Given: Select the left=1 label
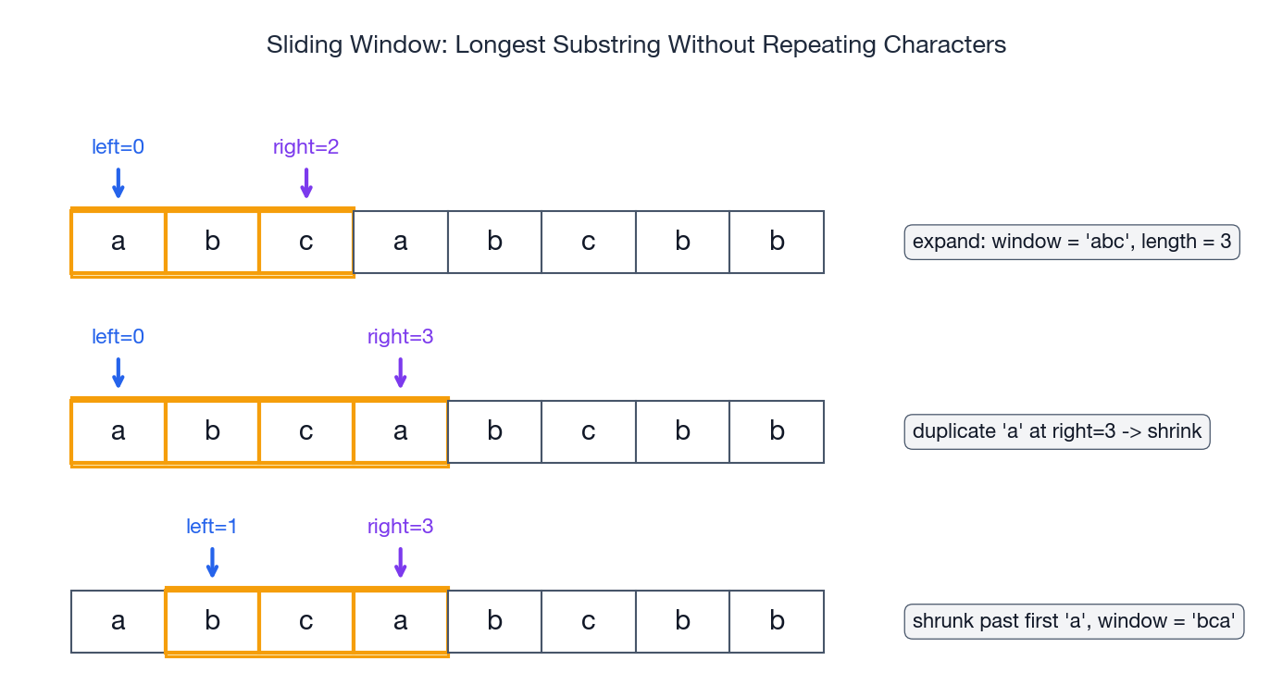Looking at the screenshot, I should pyautogui.click(x=212, y=527).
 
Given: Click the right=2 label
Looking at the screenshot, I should pyautogui.click(x=306, y=147).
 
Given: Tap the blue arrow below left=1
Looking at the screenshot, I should pyautogui.click(x=212, y=562).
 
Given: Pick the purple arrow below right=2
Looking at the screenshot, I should pyautogui.click(x=306, y=182).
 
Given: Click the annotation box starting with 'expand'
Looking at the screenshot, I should pyautogui.click(x=1072, y=243).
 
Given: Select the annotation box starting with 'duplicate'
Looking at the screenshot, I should pyautogui.click(x=1057, y=432).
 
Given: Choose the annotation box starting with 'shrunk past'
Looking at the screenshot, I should pyautogui.click(x=1074, y=621).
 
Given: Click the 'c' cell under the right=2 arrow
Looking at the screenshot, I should pyautogui.click(x=306, y=243).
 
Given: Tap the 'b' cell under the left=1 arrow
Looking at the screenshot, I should pyautogui.click(x=212, y=621).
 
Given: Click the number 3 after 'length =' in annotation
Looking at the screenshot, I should pyautogui.click(x=1226, y=243).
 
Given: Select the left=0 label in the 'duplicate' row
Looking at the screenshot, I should pyautogui.click(x=118, y=337).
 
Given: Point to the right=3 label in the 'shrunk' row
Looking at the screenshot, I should pyautogui.click(x=400, y=527).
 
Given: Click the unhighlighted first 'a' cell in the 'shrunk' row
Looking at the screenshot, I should pyautogui.click(x=118, y=621).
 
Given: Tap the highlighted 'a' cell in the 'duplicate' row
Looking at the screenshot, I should pyautogui.click(x=400, y=432).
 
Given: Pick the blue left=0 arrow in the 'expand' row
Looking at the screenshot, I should pyautogui.click(x=118, y=182).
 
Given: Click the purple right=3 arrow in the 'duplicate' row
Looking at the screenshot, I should pyautogui.click(x=400, y=372).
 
